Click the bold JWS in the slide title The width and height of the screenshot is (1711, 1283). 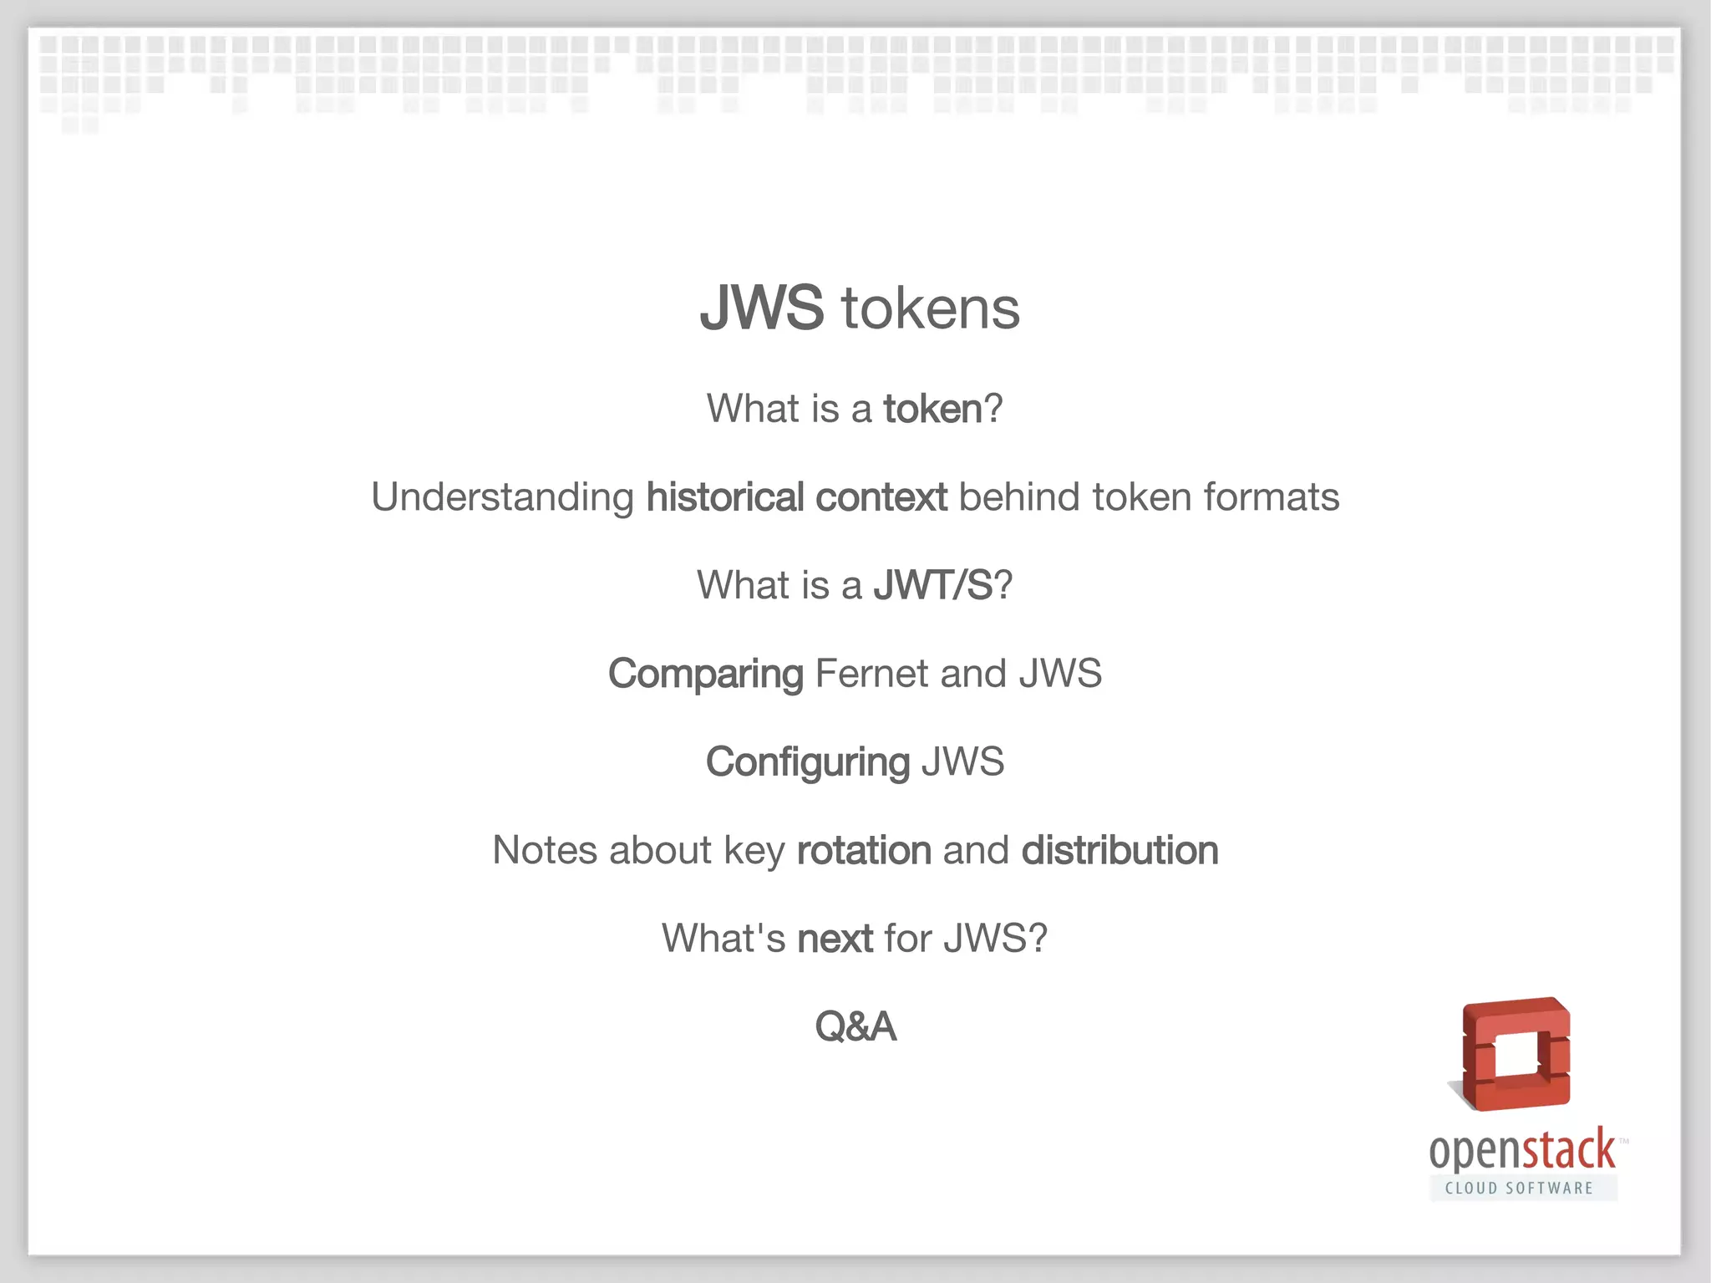click(x=761, y=308)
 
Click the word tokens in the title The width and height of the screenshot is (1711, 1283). click(x=931, y=308)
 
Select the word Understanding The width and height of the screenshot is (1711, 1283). click(x=503, y=497)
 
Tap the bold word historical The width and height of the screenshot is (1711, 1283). click(x=725, y=497)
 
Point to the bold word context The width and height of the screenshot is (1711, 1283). click(x=881, y=497)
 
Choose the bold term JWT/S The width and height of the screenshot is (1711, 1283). click(x=932, y=585)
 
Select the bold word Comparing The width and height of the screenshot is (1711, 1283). click(x=705, y=675)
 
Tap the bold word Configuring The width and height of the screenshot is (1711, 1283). click(x=807, y=762)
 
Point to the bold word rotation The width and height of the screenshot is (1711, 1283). click(x=864, y=851)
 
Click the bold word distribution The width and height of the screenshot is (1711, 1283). click(x=1120, y=851)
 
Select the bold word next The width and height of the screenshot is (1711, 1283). click(x=835, y=939)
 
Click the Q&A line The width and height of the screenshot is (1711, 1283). click(x=855, y=1026)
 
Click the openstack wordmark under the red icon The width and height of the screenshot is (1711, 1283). click(x=1522, y=1151)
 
